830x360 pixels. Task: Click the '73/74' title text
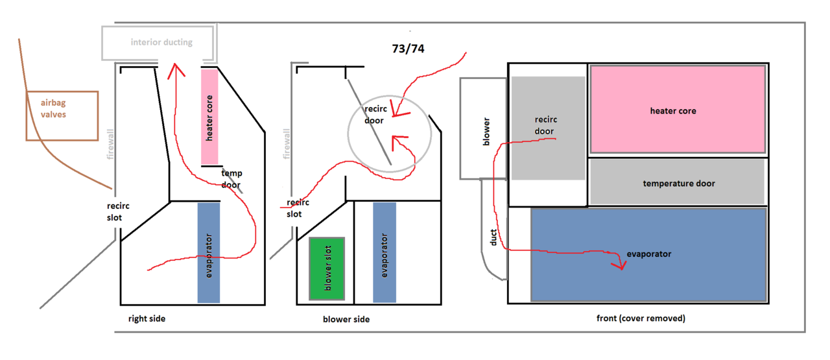click(x=409, y=49)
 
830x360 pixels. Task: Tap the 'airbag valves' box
click(x=62, y=115)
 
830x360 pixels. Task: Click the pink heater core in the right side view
click(x=210, y=117)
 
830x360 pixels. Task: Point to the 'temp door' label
click(x=231, y=178)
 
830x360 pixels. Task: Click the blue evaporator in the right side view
click(x=208, y=253)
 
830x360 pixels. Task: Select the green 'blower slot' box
click(x=327, y=269)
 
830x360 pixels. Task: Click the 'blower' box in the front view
click(x=484, y=128)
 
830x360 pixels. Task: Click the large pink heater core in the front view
click(x=677, y=110)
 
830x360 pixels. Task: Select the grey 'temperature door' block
click(x=678, y=184)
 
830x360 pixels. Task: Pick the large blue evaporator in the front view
click(x=648, y=254)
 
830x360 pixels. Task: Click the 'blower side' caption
click(x=346, y=319)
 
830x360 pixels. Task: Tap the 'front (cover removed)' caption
click(x=641, y=318)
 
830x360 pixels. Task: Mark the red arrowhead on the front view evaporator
click(x=619, y=265)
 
